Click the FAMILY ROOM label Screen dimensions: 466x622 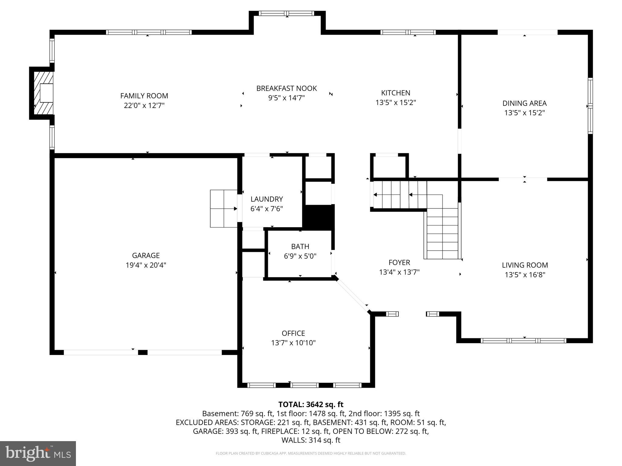click(x=144, y=96)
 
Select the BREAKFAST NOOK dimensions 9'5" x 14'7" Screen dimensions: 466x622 click(x=286, y=98)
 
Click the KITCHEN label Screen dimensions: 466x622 click(x=395, y=93)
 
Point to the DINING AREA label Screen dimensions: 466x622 click(x=524, y=103)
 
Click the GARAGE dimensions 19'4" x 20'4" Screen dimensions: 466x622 click(x=146, y=265)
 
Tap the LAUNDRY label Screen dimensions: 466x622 click(x=267, y=199)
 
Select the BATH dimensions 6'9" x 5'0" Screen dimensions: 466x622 click(x=300, y=256)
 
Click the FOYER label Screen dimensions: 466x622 click(x=399, y=262)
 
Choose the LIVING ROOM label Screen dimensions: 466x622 click(x=525, y=265)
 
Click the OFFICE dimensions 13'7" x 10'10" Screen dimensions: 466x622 click(x=293, y=343)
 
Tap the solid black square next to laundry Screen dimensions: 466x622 click(x=319, y=216)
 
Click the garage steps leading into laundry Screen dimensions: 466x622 click(x=224, y=209)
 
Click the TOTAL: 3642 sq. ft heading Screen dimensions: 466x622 click(x=311, y=404)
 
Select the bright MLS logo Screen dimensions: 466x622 click(x=38, y=453)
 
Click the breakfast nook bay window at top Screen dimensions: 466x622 click(x=287, y=13)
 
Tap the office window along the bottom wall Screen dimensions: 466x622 click(x=305, y=385)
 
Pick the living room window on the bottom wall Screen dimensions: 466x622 click(x=524, y=340)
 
